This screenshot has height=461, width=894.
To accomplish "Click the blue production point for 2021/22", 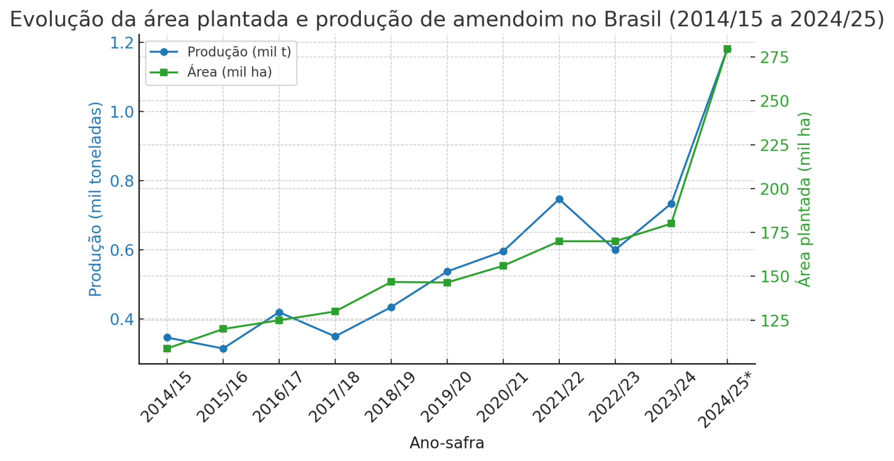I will [559, 199].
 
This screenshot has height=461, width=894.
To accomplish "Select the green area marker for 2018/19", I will [391, 282].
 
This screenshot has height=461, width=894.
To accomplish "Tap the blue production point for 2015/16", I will [223, 349].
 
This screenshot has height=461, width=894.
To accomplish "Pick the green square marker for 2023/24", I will [671, 224].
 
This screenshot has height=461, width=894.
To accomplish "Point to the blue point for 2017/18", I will [335, 336].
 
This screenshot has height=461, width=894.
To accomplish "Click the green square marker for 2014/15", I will [167, 349].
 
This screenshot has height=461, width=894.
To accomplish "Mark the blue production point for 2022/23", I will [615, 250].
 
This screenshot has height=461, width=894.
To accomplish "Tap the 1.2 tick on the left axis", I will [122, 43].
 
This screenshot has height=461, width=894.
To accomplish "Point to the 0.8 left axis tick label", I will [122, 181].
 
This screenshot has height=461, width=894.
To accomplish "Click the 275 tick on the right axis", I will [774, 58].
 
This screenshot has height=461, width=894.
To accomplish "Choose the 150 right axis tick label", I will [774, 276].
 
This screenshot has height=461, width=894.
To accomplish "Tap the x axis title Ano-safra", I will [447, 443].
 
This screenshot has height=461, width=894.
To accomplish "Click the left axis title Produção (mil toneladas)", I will [95, 199].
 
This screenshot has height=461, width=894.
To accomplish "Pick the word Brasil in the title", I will [632, 20].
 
